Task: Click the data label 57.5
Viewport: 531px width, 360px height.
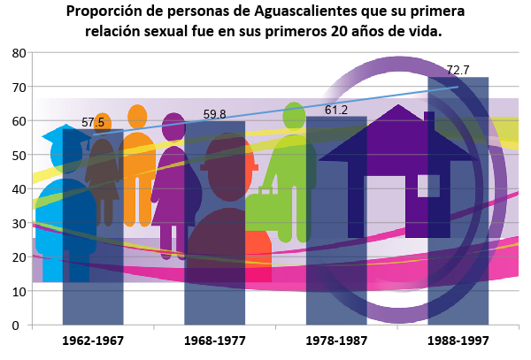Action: pos(93,122)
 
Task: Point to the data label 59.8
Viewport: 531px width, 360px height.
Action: pos(214,114)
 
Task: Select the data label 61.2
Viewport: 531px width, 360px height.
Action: pos(335,110)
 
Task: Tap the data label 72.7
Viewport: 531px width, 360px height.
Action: pos(458,70)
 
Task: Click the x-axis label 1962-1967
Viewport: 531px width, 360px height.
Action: pos(93,341)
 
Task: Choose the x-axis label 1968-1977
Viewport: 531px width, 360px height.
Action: pos(214,341)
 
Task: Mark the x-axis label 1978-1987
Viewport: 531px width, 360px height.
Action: pos(335,341)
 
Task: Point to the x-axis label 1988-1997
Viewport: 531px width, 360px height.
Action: pos(458,341)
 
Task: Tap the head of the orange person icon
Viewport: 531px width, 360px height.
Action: pos(137,115)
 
